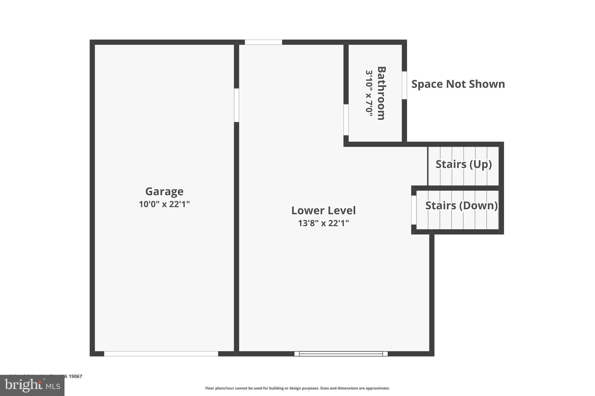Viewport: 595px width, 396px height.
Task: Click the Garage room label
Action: pos(164,191)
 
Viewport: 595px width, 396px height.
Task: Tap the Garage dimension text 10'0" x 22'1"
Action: pos(164,204)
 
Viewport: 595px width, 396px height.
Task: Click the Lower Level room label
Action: pos(323,211)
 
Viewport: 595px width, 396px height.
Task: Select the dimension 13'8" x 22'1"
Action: pos(323,223)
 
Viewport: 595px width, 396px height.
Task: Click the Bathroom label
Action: pos(381,93)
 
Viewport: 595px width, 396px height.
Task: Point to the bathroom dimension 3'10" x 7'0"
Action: pos(369,93)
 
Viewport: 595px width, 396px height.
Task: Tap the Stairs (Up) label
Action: pos(463,164)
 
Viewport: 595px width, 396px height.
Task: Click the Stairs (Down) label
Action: pos(461,205)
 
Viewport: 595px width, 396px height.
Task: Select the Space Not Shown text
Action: pos(458,84)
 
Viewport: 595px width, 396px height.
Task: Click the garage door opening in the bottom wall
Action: pos(161,354)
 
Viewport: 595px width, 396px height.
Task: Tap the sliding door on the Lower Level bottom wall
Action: pos(341,354)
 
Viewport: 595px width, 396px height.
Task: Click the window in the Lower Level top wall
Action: pos(263,42)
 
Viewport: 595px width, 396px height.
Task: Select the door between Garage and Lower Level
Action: pos(236,105)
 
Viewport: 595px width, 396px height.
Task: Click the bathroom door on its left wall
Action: pos(346,120)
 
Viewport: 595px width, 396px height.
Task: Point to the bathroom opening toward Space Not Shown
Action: pos(404,85)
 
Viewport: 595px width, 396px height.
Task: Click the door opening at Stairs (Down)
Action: pos(414,210)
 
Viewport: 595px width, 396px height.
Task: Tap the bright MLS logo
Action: pos(32,386)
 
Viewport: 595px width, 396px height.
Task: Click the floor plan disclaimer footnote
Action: pos(297,388)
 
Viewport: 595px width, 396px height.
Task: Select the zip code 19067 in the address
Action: pos(75,376)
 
